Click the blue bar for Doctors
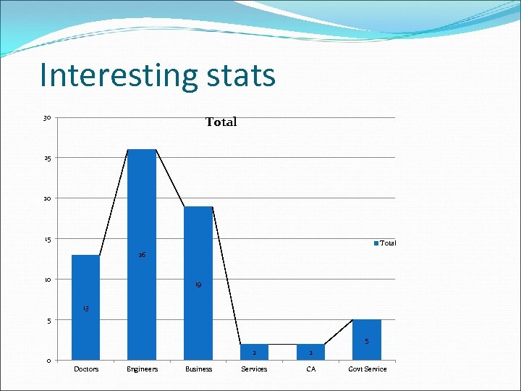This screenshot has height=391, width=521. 85,308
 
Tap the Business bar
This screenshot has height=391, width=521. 198,283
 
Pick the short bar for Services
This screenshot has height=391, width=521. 254,353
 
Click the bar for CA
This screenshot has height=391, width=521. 310,353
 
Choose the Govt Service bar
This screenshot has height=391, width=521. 367,340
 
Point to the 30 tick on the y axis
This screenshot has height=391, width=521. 47,118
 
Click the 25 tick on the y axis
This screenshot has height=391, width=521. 47,158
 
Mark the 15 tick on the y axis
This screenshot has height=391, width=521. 47,239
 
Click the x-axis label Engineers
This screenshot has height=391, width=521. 142,369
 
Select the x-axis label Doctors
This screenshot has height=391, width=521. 86,369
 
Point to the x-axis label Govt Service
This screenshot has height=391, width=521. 368,369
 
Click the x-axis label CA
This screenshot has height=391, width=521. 310,369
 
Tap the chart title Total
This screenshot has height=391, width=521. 221,122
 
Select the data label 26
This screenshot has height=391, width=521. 142,255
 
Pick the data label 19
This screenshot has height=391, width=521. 198,285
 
